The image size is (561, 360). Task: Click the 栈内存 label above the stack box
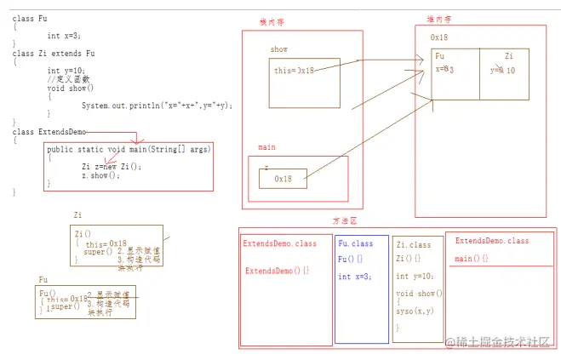[x=273, y=22]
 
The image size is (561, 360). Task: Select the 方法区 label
[x=345, y=220]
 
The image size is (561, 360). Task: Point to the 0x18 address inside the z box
[x=283, y=180]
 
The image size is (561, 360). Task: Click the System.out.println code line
[x=157, y=106]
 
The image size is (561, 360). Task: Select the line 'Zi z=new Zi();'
[x=112, y=166]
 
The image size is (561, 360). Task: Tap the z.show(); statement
[x=100, y=174]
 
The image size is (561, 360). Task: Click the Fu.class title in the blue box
[x=355, y=243]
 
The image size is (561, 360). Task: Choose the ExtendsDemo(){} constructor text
[x=278, y=271]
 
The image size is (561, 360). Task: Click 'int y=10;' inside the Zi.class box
[x=415, y=276]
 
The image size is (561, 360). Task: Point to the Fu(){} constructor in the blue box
[x=350, y=259]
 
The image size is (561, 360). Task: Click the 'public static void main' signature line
[x=128, y=149]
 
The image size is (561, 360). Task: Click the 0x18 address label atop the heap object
[x=439, y=38]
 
